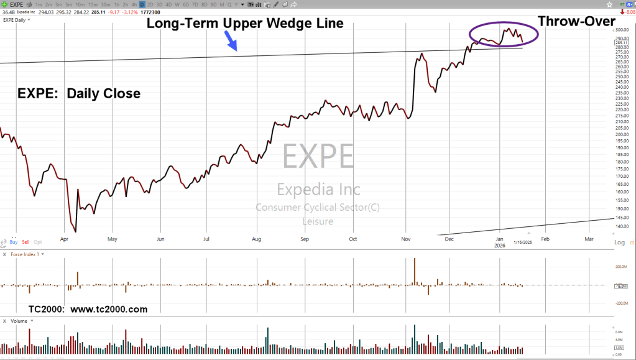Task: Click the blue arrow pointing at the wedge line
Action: pos(231,42)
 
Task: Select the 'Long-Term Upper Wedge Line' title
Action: pos(244,24)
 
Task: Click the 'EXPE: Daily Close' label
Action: pos(78,93)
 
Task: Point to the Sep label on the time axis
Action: pos(305,238)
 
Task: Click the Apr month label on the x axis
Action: pos(65,238)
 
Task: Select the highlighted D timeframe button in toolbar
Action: pos(141,4)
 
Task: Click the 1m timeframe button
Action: pos(39,4)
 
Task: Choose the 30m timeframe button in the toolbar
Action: pos(106,4)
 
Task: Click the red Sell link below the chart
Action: pos(25,241)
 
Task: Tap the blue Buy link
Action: pos(14,241)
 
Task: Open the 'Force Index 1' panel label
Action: pos(25,254)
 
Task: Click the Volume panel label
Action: pos(19,321)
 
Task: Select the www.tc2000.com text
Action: pos(109,309)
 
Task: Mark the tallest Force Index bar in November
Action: pos(414,271)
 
